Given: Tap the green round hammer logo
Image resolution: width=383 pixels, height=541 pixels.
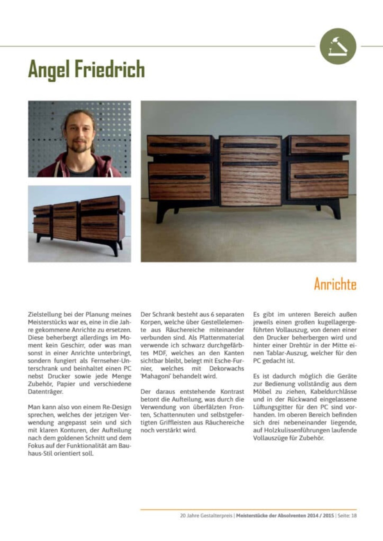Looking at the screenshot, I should point(338,46).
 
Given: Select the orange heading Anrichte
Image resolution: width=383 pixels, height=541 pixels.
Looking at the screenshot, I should point(335,284).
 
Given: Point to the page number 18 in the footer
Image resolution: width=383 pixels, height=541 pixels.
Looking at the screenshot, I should point(354,516).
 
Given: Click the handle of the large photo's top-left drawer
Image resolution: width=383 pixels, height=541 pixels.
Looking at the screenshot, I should point(178,145).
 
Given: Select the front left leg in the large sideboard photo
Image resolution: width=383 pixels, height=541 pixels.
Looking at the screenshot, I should point(161,213).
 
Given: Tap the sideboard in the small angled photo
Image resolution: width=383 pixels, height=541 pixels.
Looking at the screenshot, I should point(79,221).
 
